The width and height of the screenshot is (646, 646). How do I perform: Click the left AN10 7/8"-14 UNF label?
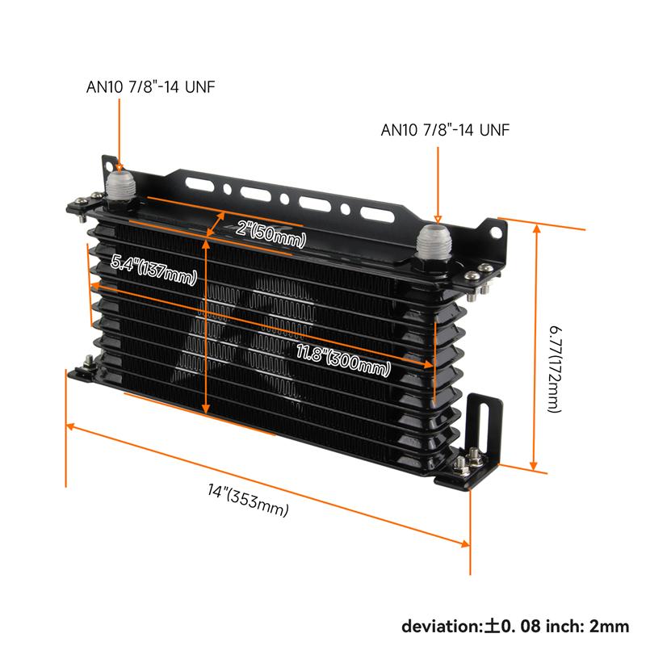click(150, 87)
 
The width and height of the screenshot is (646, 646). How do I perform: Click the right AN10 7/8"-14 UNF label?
click(445, 130)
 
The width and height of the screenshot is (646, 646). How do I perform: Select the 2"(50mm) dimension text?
click(271, 233)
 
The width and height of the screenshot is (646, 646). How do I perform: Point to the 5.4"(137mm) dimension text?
click(153, 270)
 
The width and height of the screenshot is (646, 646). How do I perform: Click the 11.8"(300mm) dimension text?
click(343, 360)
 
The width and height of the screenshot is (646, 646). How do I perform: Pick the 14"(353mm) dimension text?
click(248, 500)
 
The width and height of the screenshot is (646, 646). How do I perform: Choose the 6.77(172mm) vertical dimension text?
click(556, 369)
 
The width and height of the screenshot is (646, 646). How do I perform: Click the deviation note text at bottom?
click(515, 627)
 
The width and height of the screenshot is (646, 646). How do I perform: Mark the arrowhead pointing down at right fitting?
click(438, 219)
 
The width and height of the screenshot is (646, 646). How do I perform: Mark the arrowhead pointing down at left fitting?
click(120, 167)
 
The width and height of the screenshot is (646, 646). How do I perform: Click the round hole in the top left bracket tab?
click(109, 166)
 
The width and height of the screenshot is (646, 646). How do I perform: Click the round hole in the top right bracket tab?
click(496, 233)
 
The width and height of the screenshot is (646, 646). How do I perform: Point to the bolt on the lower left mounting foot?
click(88, 363)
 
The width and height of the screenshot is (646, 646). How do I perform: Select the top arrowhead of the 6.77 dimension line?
click(536, 228)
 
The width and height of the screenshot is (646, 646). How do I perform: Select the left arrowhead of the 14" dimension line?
click(70, 426)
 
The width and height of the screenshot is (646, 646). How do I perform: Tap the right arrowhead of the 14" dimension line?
click(465, 543)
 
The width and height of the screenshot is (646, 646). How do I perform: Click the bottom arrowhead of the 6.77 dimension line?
click(534, 465)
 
